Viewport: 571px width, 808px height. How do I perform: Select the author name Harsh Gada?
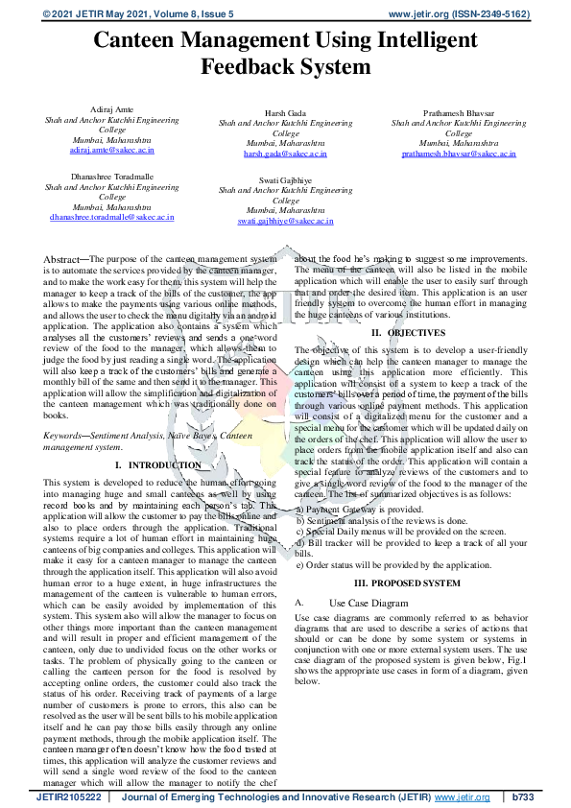click(285, 114)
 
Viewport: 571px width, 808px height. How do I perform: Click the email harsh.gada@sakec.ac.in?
click(285, 154)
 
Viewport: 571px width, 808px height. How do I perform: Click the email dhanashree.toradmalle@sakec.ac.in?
click(112, 217)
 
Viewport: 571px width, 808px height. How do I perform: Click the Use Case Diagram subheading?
click(369, 602)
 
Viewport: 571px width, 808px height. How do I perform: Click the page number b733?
click(527, 796)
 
